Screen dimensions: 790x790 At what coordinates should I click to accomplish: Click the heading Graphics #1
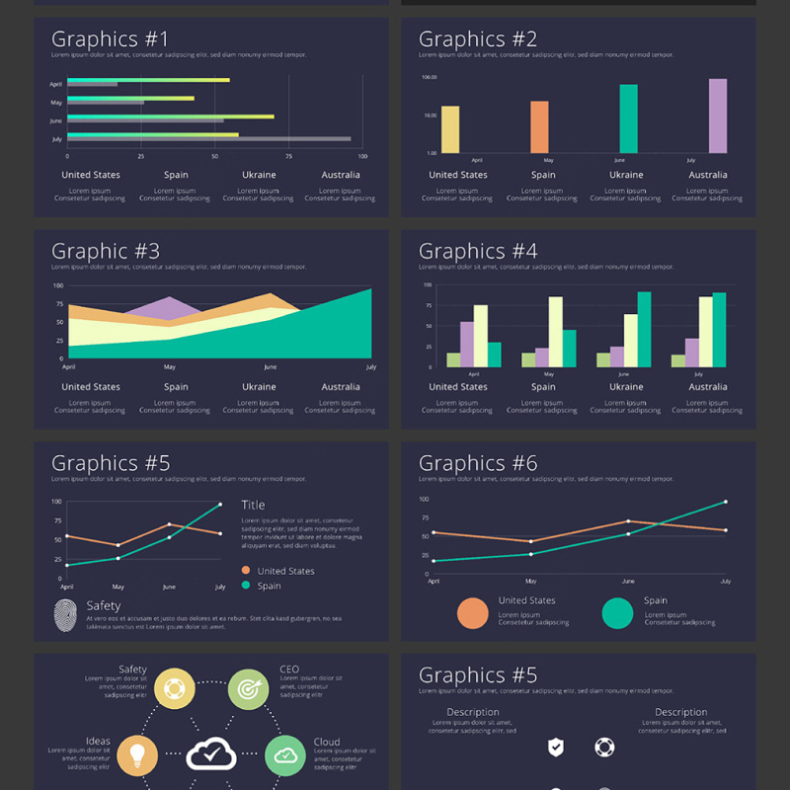[110, 39]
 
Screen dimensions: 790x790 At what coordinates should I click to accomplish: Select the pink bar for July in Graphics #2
[718, 117]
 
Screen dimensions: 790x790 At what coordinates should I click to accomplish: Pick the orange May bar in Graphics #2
[539, 127]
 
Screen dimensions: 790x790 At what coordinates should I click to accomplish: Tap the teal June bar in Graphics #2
[628, 118]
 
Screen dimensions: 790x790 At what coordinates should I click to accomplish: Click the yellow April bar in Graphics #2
[450, 129]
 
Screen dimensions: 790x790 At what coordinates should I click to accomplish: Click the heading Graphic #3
[106, 252]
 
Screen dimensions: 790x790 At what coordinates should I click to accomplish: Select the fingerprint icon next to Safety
[65, 616]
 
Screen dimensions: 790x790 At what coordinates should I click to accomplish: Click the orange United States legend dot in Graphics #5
[246, 571]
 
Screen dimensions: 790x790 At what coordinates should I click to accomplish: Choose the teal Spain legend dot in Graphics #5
[246, 586]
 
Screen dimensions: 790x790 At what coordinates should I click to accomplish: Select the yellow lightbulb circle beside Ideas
[137, 755]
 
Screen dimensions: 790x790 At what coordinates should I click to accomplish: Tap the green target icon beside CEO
[248, 688]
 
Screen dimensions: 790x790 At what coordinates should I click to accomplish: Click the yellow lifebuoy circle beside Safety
[174, 688]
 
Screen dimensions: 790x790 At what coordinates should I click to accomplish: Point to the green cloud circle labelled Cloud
[285, 755]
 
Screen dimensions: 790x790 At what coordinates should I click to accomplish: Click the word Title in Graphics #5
[253, 505]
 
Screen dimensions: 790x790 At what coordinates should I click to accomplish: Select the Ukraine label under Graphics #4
[626, 387]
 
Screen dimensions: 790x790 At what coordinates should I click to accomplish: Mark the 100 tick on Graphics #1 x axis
[362, 157]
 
